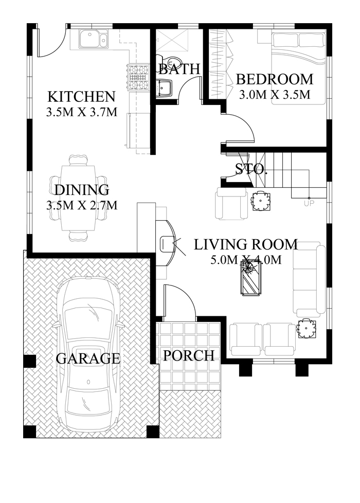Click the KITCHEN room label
click(81, 96)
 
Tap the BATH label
click(179, 68)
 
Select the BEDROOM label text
click(274, 79)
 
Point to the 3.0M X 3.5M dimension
click(275, 94)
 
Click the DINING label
click(81, 190)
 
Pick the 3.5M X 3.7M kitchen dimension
click(81, 112)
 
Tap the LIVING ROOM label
click(245, 244)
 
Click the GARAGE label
click(88, 358)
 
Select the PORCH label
click(189, 355)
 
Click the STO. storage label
click(251, 169)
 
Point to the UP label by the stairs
click(310, 203)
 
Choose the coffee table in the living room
click(250, 278)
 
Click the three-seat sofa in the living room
click(309, 279)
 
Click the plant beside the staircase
click(260, 201)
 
